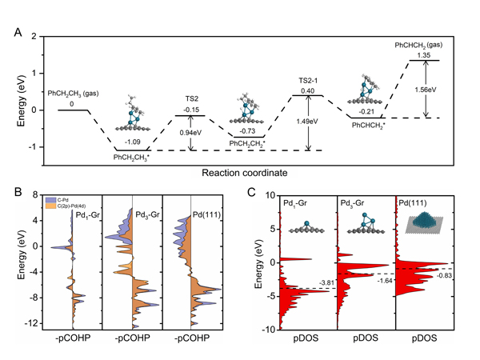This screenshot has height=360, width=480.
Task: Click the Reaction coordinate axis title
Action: coord(244,170)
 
